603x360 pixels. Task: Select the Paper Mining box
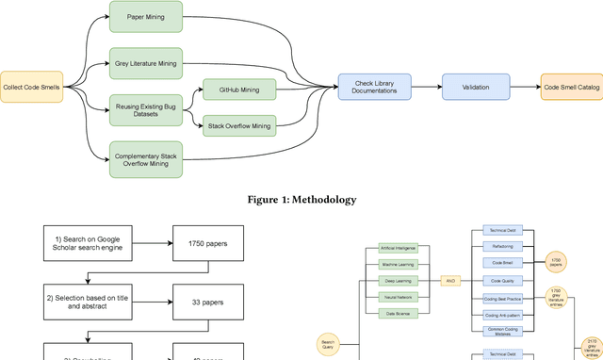[x=146, y=16]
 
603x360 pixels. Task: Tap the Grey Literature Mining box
[x=146, y=63]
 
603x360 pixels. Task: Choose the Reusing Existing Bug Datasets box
[x=146, y=109]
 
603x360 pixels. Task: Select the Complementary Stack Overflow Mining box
[x=146, y=156]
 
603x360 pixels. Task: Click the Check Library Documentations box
[x=375, y=87]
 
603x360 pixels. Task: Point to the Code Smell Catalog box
[x=571, y=87]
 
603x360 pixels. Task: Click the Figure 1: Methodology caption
[x=301, y=200]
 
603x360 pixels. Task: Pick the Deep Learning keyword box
[x=399, y=281]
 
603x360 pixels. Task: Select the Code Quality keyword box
[x=501, y=281]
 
